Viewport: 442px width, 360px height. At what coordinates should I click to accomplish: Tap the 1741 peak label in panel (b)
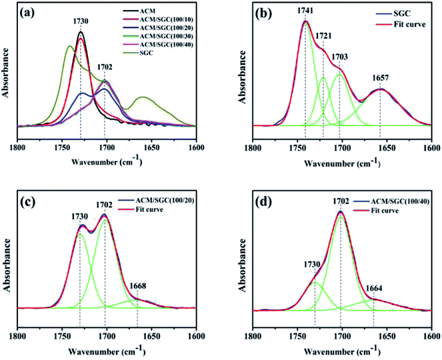coord(305,12)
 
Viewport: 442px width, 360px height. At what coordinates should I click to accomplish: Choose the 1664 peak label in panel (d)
coord(375,287)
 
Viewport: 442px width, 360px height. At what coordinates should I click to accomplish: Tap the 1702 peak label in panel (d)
coord(341,200)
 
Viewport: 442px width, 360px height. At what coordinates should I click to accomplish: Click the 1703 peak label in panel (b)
coord(341,57)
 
